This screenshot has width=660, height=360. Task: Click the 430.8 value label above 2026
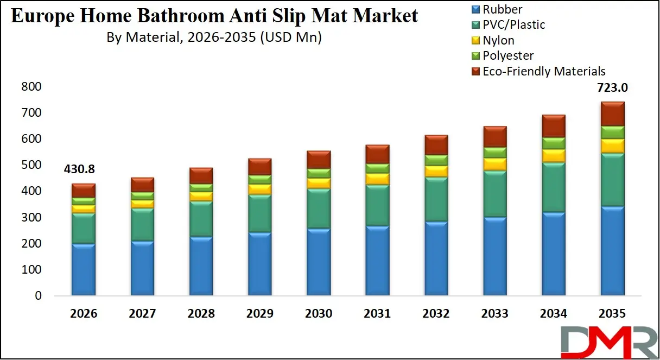(x=83, y=170)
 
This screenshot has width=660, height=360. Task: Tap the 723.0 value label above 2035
(x=612, y=88)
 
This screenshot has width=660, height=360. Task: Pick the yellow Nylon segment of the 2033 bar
(x=494, y=164)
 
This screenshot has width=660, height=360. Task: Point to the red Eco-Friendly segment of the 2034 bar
(x=554, y=126)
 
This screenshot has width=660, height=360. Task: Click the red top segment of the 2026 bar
(x=83, y=190)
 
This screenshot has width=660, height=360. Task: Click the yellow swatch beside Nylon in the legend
(x=475, y=41)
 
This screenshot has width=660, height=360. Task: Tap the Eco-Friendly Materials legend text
(x=543, y=71)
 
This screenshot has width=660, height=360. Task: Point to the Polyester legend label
(x=508, y=55)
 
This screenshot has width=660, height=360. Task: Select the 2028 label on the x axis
(x=201, y=313)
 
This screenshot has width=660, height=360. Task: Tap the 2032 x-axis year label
(x=436, y=313)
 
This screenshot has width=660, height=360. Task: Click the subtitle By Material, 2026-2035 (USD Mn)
(x=214, y=38)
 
